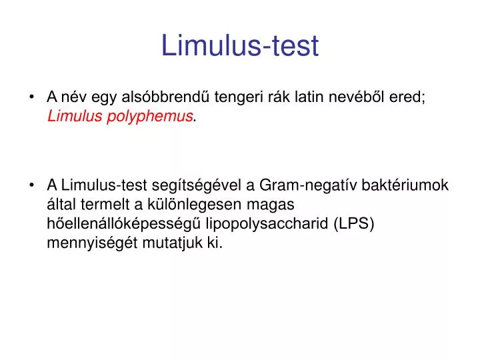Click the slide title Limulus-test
240,45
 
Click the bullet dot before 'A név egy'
33,97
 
